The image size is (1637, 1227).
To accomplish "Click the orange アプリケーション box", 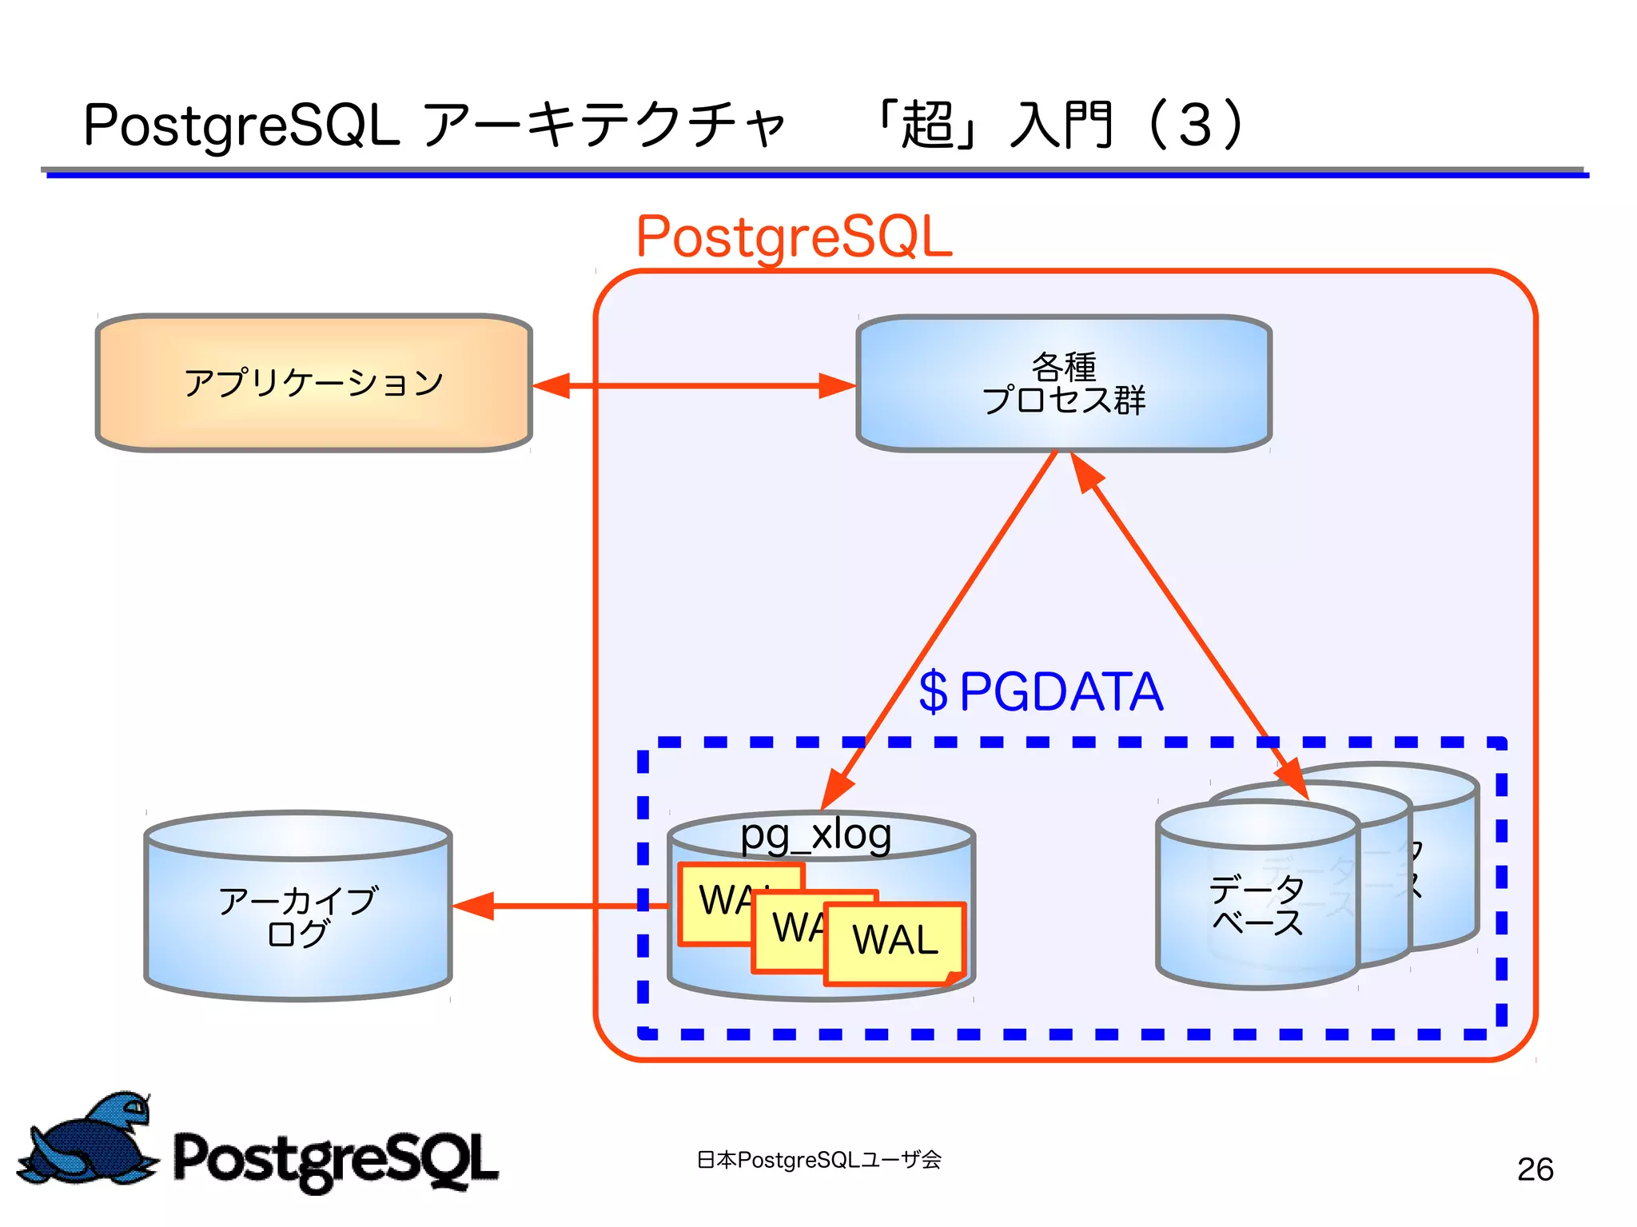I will pos(313,383).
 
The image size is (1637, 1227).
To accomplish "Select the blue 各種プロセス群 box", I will pos(1063,383).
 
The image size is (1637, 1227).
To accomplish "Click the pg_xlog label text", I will pos(815,835).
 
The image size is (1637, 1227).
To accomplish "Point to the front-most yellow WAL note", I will pos(894,942).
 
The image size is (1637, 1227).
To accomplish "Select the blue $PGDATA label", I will pos(1040,691).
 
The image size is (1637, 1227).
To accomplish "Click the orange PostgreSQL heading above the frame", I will pos(794,237).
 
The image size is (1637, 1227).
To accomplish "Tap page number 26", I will pos(1535,1169).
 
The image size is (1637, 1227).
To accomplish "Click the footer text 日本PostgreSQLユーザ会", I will pos(818,1159).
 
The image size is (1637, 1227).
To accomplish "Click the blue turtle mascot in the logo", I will pos(88,1139).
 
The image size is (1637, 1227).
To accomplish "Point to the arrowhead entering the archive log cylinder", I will pos(473,906).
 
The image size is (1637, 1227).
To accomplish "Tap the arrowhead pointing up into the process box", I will pos(1085,472).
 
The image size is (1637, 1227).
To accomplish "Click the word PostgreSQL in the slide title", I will pos(241,126).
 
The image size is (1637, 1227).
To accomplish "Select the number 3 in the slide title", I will pos(1194,126).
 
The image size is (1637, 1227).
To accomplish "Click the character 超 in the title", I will pos(927,126).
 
